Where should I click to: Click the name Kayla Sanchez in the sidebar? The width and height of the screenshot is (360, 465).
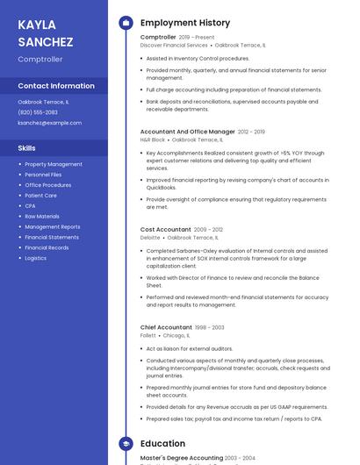[x=37, y=32]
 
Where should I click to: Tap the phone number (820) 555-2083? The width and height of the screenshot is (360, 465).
[x=38, y=112]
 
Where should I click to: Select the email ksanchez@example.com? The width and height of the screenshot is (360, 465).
[x=49, y=123]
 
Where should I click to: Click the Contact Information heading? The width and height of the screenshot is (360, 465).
[x=56, y=86]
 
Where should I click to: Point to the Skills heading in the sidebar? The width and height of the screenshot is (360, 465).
[x=27, y=148]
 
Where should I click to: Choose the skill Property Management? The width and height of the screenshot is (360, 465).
[x=54, y=164]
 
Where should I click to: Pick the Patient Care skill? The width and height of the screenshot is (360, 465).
[x=41, y=196]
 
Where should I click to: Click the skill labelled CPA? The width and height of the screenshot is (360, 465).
[x=31, y=206]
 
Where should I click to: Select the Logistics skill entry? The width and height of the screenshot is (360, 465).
[x=36, y=258]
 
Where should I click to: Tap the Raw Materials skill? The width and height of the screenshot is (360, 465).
[x=42, y=216]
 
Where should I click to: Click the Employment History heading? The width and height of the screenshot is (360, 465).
[x=185, y=23]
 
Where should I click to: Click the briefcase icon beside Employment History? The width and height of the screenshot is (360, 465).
[x=126, y=23]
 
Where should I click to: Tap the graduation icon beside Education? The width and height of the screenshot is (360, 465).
[x=126, y=444]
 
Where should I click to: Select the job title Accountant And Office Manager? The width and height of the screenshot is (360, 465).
[x=187, y=132]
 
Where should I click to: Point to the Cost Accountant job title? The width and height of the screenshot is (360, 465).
[x=165, y=230]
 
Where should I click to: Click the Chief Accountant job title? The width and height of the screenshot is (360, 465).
[x=166, y=327]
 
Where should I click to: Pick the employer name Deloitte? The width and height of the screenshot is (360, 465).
[x=150, y=238]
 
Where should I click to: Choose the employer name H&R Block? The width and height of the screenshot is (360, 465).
[x=153, y=139]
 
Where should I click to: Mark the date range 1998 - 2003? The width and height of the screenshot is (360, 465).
[x=210, y=327]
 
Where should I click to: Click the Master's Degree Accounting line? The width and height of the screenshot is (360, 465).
[x=181, y=458]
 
